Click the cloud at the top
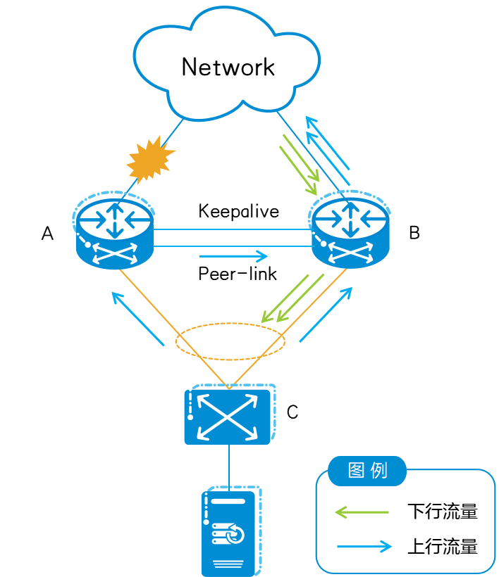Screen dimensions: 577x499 [x=226, y=60]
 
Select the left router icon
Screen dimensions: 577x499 [x=114, y=232]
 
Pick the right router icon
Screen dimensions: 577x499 [x=350, y=230]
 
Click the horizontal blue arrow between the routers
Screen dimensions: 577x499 [x=233, y=256]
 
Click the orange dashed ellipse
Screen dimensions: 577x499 [x=230, y=342]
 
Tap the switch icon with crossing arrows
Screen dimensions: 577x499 [x=228, y=416]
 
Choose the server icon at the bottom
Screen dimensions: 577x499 [x=228, y=533]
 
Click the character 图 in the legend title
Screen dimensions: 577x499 [x=357, y=471]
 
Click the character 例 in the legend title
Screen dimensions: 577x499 [x=379, y=471]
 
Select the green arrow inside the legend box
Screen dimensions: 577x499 [x=361, y=512]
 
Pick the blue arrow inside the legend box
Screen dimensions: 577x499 [x=364, y=546]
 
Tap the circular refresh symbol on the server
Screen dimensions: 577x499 [x=236, y=535]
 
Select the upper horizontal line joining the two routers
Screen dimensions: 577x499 [x=233, y=230]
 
